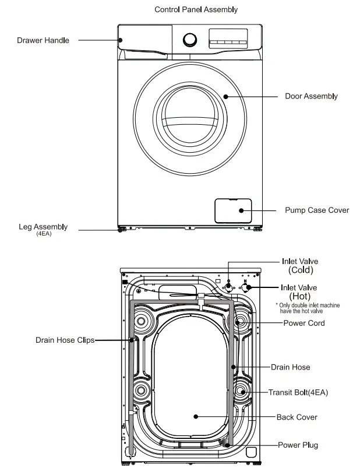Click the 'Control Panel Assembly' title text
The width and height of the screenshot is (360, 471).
point(196,10)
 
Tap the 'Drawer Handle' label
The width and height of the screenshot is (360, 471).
point(43,41)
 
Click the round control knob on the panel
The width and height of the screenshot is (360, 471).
point(190,40)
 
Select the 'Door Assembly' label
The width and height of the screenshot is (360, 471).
point(311,96)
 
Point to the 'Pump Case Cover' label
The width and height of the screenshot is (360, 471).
point(317,210)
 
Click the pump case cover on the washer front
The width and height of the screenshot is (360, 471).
point(233,210)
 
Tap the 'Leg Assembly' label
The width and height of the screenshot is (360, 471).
point(43,227)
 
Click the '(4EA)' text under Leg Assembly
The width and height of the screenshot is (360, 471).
point(43,234)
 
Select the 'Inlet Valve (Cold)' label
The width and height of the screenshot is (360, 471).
point(300,266)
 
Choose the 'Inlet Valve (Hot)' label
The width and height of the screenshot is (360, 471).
point(299,291)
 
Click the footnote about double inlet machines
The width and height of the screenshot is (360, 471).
point(308,308)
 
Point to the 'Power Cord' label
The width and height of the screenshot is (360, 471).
point(304,323)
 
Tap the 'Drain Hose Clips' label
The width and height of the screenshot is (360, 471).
point(65,340)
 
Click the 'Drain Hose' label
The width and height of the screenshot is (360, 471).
point(290,367)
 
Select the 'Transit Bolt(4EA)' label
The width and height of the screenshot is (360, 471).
point(298,393)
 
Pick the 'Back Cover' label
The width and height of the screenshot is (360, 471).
point(297,417)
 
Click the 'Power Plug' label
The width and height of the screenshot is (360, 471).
point(298,445)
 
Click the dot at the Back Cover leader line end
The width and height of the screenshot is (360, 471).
point(196,417)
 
